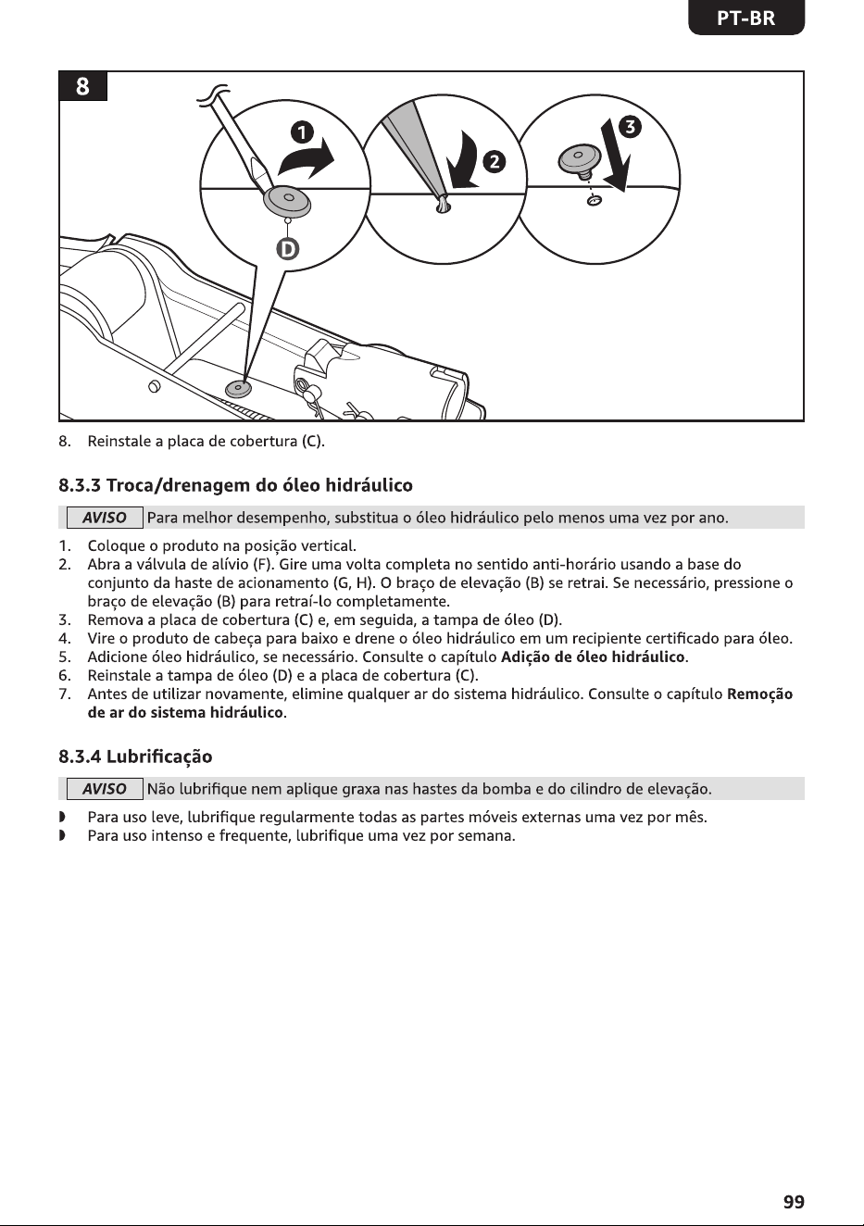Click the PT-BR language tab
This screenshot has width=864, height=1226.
(746, 19)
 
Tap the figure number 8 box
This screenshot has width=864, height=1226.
(82, 86)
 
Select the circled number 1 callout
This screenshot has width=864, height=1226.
(302, 133)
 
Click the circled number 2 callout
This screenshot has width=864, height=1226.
(494, 162)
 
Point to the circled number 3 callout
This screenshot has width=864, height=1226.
(630, 127)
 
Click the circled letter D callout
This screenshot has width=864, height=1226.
(287, 249)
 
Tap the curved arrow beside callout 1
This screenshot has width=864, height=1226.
(306, 158)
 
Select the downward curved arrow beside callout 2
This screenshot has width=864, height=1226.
(463, 159)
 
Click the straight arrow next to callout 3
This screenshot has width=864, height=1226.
(616, 156)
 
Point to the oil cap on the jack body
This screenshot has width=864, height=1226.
(238, 389)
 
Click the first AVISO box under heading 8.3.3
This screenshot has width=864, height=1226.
(105, 518)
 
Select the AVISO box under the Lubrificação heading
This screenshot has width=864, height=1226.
(105, 789)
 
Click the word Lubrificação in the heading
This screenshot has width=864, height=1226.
(159, 757)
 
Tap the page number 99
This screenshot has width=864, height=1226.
(794, 1202)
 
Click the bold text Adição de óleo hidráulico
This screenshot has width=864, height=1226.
(593, 657)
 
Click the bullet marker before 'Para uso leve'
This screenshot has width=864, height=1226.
(62, 818)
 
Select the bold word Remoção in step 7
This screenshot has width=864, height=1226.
(760, 694)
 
